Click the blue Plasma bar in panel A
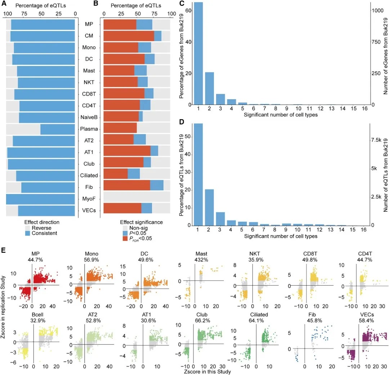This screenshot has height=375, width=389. point(58,129)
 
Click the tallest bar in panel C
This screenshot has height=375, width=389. point(199,53)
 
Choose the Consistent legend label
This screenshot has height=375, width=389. point(45,233)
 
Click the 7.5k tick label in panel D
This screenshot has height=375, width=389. point(379,139)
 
